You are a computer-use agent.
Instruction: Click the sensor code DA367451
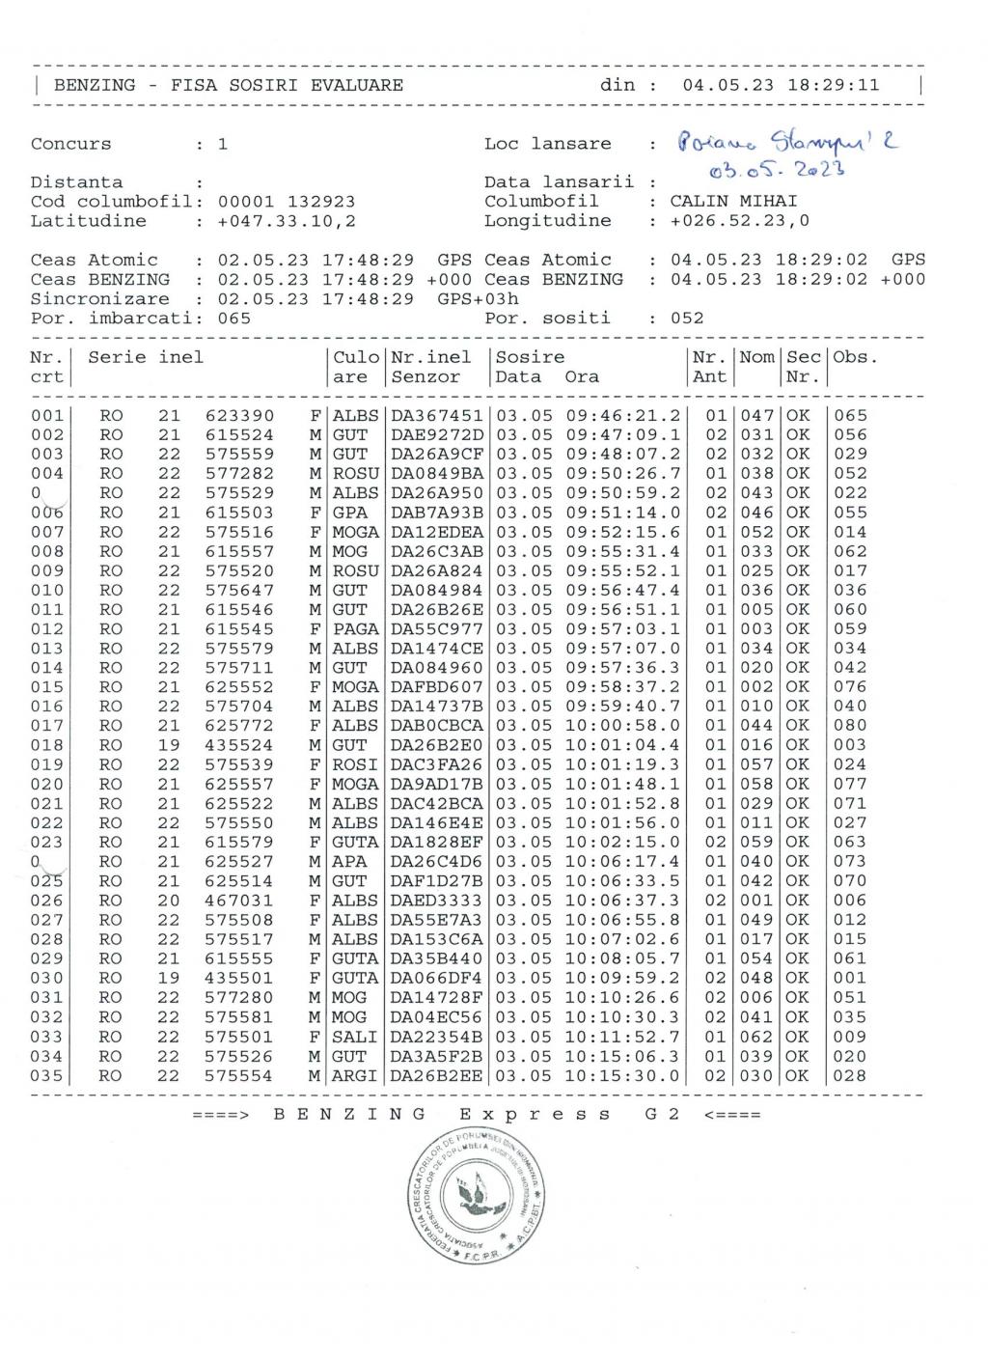click(x=436, y=416)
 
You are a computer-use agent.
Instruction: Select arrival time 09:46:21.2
click(x=622, y=416)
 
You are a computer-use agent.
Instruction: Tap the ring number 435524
click(x=239, y=745)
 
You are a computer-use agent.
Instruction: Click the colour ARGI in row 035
click(x=355, y=1076)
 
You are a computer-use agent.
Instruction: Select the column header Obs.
click(x=856, y=357)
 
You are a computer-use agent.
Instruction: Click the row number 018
click(x=46, y=745)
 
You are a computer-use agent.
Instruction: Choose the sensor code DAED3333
click(x=436, y=901)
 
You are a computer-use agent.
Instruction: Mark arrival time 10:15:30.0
click(x=622, y=1076)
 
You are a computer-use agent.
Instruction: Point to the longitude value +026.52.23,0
click(x=740, y=221)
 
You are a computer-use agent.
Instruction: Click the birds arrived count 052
click(x=687, y=319)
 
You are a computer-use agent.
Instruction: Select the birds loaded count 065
click(x=234, y=319)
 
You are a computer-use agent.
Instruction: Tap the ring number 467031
click(x=239, y=901)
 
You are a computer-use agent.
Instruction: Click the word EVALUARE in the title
click(x=357, y=85)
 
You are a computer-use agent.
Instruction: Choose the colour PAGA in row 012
click(x=355, y=629)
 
